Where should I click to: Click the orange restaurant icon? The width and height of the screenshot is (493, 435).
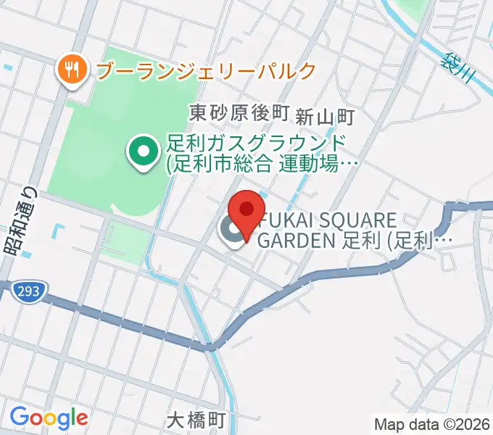71,70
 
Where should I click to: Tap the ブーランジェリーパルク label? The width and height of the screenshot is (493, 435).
206,70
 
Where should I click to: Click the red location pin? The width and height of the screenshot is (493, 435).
247,215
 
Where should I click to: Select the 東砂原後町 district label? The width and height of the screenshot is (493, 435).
239,113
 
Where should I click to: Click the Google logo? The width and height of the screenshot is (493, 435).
49,418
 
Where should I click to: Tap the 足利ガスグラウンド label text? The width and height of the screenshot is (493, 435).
255,144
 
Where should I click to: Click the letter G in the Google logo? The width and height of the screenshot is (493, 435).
20,417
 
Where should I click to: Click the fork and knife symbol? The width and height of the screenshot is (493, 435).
71,69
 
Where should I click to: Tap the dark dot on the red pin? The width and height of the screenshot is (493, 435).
247,210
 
